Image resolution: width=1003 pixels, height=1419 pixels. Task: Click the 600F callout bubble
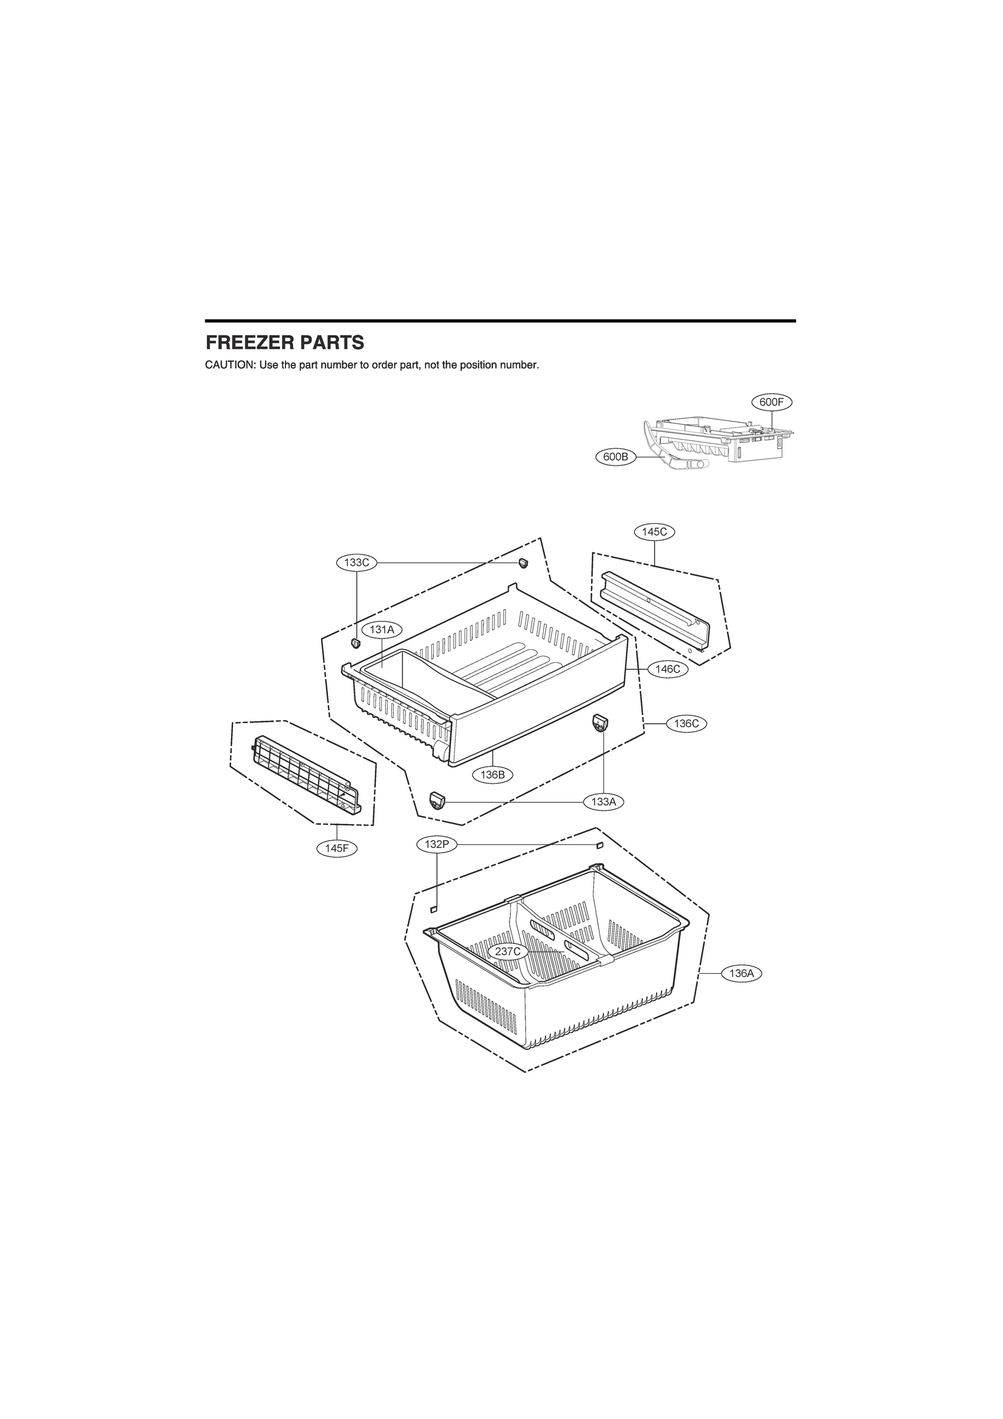772,401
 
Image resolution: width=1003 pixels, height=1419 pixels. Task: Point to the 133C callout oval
356,562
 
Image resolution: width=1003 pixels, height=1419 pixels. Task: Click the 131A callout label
382,630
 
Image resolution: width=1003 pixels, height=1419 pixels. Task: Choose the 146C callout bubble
668,669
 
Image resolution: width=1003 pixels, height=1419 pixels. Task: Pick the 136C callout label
687,724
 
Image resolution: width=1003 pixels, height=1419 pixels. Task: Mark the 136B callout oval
492,775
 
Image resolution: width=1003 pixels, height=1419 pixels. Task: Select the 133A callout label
604,802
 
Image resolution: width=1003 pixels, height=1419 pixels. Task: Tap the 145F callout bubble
337,848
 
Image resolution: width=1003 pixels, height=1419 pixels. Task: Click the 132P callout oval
437,845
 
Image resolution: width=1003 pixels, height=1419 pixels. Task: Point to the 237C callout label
508,952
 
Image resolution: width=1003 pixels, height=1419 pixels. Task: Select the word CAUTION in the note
229,365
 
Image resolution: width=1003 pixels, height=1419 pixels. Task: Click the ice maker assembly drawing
717,442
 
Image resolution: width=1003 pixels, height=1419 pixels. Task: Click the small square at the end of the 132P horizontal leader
598,845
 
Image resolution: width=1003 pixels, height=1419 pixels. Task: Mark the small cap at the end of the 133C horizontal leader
524,562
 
